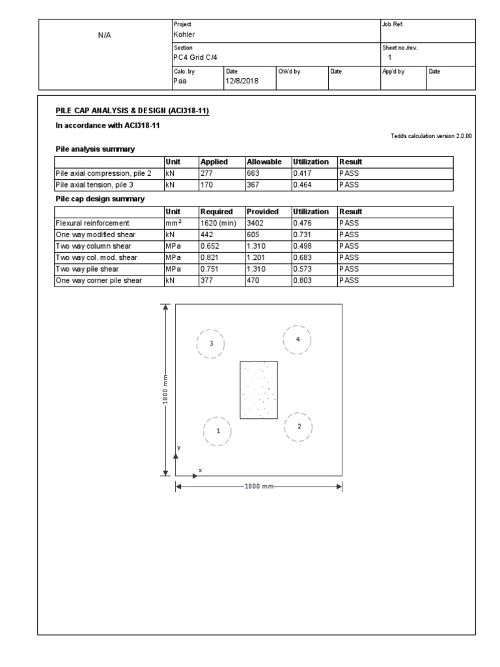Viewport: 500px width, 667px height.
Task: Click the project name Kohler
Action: tap(184, 35)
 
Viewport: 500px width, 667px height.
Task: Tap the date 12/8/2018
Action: tap(242, 81)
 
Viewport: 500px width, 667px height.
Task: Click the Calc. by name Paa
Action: tap(181, 81)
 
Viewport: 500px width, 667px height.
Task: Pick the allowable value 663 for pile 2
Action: tap(255, 174)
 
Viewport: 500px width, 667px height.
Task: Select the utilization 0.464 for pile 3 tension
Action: tap(302, 184)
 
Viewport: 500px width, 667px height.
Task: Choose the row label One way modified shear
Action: tap(97, 234)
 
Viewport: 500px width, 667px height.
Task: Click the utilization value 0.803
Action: tap(302, 281)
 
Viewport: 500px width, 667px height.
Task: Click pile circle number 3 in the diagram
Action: tap(211, 343)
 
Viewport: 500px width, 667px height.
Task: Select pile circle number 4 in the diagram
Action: tap(298, 339)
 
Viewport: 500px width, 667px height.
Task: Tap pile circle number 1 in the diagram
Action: tap(218, 431)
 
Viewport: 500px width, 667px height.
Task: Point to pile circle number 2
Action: tap(299, 427)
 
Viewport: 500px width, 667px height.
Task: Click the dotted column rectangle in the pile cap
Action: tap(259, 390)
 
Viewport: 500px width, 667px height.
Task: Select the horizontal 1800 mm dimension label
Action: tap(258, 487)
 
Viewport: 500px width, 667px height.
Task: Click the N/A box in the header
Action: tap(104, 35)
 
